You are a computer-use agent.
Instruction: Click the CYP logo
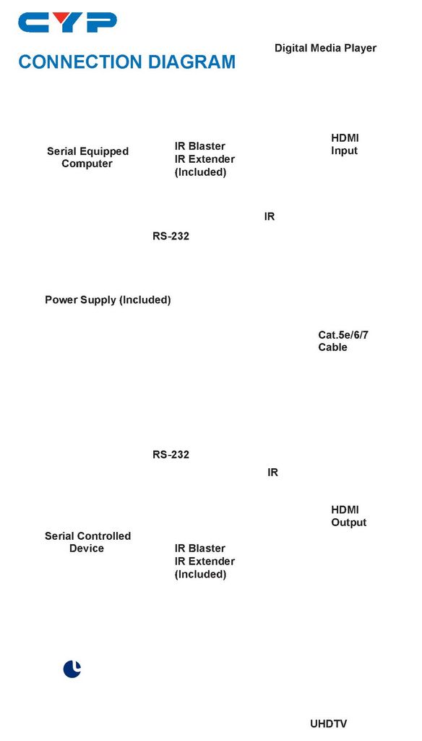[67, 22]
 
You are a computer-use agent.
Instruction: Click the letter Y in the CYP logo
[67, 22]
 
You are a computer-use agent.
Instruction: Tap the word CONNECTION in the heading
[80, 62]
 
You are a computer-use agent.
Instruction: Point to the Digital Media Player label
[326, 48]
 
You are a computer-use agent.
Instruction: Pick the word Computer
[87, 164]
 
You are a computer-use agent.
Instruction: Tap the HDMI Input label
[345, 144]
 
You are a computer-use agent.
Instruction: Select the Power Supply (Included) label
[108, 300]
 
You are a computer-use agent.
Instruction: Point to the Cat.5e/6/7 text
[343, 335]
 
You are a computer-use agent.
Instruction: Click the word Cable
[333, 347]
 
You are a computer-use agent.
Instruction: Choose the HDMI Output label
[349, 516]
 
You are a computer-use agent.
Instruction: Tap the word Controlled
[104, 536]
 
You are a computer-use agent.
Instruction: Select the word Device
[87, 549]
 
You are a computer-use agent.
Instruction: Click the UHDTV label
[329, 724]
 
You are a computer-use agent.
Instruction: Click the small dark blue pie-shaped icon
[72, 669]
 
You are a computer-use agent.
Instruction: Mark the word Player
[361, 48]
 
